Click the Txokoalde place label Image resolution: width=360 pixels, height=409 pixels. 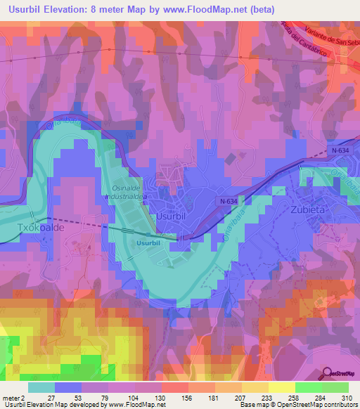tap(39, 228)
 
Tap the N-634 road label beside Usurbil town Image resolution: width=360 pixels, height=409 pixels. tap(227, 201)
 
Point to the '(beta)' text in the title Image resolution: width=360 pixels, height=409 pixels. tap(262, 9)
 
